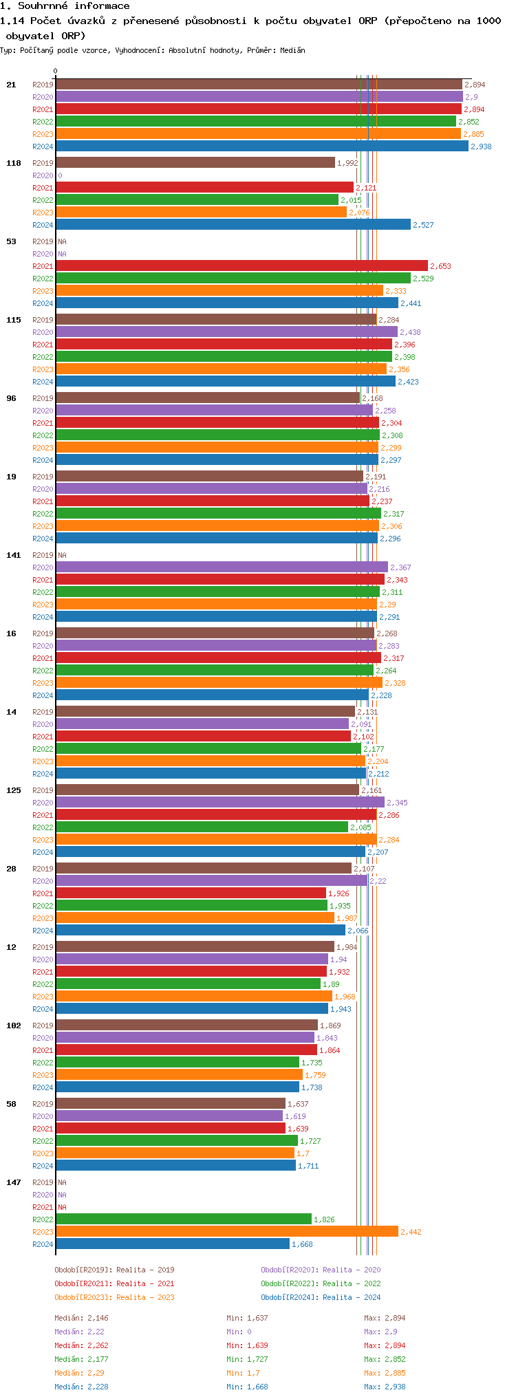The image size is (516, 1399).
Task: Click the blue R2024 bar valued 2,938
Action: tap(261, 147)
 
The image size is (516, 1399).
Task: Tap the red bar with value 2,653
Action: tap(241, 266)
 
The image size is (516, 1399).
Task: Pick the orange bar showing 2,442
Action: tap(226, 1232)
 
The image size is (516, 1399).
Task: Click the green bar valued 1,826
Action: tap(183, 1219)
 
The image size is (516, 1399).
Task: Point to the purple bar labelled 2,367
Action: tap(222, 567)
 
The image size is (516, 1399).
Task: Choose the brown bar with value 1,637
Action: tap(170, 1104)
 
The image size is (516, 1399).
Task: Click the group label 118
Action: tap(14, 163)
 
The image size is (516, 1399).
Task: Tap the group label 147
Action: tap(14, 1182)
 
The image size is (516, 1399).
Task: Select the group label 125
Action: tap(14, 790)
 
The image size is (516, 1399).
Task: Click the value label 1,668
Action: tap(302, 1244)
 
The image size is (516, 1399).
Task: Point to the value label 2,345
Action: tap(397, 803)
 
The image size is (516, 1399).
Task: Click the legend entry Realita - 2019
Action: tap(114, 1270)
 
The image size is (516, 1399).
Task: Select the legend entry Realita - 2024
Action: tap(321, 1297)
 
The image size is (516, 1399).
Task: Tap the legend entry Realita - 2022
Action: tap(321, 1283)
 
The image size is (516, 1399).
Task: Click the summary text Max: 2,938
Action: tap(385, 1387)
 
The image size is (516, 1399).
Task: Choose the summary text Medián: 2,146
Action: tap(81, 1318)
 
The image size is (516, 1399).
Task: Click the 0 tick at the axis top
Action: tap(56, 71)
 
